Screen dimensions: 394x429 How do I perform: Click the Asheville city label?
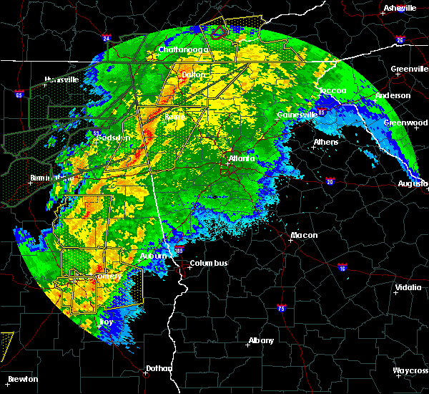point(400,8)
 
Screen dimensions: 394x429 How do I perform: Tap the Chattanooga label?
point(182,49)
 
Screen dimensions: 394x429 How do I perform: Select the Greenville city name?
point(410,69)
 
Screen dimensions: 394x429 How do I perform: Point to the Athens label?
point(326,142)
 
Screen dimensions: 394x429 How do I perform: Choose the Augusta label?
point(413,183)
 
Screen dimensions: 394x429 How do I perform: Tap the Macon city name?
point(304,236)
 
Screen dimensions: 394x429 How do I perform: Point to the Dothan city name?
point(159,368)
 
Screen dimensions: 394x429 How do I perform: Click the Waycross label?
point(410,370)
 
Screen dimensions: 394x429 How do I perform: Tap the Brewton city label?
point(23,379)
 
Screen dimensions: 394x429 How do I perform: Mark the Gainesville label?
point(297,115)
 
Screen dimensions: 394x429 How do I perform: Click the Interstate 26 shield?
point(400,40)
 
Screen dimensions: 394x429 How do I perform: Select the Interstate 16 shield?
point(342,266)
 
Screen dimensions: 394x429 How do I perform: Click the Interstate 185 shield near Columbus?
point(177,251)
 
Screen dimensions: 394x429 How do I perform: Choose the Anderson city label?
point(393,95)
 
